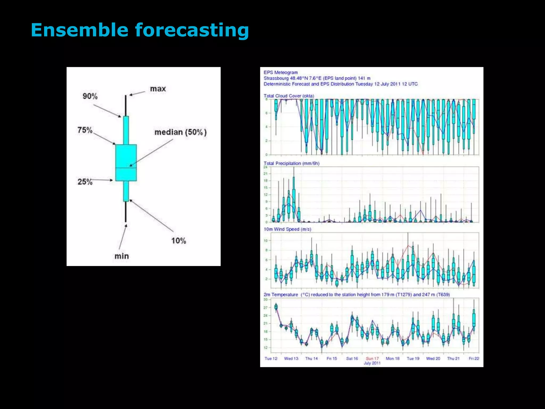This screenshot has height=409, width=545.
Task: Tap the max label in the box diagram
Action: point(158,89)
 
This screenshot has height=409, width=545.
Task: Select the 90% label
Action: point(90,96)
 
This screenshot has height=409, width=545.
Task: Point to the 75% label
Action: point(85,130)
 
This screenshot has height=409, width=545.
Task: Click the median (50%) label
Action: point(180,132)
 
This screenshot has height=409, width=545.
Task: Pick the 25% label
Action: point(85,182)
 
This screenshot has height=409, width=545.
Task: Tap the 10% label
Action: point(178,241)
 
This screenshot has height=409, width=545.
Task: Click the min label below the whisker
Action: point(122,256)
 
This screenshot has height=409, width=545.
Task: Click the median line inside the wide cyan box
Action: point(126,168)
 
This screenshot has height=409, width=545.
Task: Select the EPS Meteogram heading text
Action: point(280,72)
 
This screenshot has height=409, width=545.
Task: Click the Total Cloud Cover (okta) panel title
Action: point(289,96)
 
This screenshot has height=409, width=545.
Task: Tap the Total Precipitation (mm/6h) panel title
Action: point(291,163)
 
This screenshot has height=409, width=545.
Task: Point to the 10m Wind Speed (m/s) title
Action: point(287,229)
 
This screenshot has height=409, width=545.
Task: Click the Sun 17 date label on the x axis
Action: point(372,358)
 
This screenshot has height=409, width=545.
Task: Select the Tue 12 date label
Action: point(271,358)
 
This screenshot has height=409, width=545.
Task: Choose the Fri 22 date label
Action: point(474,358)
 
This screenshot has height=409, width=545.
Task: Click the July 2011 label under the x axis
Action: point(372,363)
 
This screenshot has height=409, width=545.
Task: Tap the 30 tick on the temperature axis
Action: point(266,300)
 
